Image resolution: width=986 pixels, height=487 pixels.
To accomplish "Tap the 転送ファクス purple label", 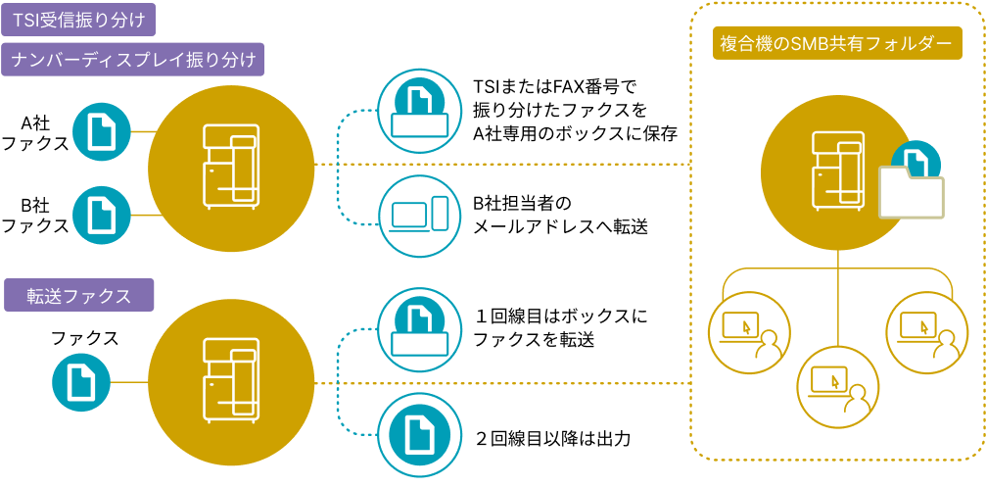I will pyautogui.click(x=79, y=295).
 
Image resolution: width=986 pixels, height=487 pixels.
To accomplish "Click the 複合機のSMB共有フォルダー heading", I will pyautogui.click(x=835, y=44).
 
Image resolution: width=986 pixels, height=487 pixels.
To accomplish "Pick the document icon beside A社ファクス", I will pyautogui.click(x=103, y=130).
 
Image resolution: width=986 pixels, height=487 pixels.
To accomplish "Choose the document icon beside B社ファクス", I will pyautogui.click(x=103, y=215).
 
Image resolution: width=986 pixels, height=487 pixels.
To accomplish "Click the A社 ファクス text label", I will pyautogui.click(x=35, y=133).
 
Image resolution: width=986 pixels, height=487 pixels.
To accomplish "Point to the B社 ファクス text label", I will pyautogui.click(x=35, y=216).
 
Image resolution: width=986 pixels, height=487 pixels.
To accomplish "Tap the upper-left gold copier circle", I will pyautogui.click(x=230, y=165).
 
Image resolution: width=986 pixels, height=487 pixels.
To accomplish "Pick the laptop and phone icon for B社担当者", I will pyautogui.click(x=420, y=216).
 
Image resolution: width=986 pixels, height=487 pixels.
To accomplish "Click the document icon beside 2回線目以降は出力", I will pyautogui.click(x=420, y=436).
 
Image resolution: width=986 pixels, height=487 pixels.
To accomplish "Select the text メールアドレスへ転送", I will pyautogui.click(x=560, y=227).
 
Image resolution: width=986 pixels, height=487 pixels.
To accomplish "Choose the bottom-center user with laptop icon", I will pyautogui.click(x=835, y=383).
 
